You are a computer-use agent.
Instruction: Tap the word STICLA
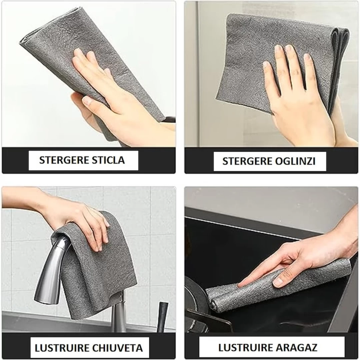click(x=108, y=160)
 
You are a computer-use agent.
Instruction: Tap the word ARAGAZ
click(x=298, y=347)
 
